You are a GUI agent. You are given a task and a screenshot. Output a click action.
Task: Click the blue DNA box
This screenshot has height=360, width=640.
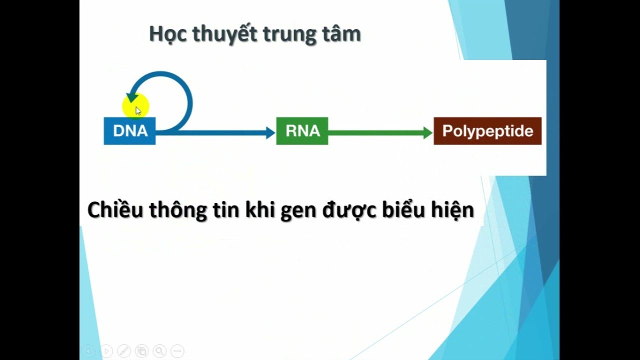129,131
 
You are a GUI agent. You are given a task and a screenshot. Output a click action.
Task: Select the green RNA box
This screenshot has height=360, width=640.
302,131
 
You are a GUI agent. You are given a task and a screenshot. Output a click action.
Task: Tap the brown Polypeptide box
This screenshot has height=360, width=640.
487,131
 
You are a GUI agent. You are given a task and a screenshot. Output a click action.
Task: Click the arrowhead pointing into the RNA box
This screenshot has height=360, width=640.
270,132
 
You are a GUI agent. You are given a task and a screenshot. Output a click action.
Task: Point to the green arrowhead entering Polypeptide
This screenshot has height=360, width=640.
427,132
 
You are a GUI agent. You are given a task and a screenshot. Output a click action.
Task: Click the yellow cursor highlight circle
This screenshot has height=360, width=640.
135,106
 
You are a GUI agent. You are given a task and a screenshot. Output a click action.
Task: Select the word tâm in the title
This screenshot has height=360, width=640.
345,34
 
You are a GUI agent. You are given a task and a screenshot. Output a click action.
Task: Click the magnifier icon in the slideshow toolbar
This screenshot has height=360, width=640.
159,351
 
